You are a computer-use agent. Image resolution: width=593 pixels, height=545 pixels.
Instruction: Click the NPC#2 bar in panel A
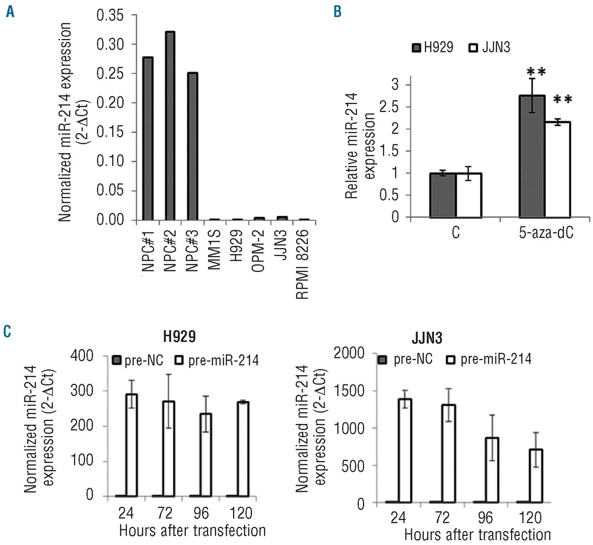point(170,126)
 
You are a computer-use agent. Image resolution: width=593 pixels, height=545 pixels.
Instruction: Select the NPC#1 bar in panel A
point(148,139)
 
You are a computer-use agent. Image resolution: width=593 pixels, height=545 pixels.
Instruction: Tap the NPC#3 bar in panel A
point(192,147)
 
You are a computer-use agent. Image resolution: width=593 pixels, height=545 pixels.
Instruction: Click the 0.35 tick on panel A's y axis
point(110,15)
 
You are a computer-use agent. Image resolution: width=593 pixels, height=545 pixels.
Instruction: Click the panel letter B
point(337,12)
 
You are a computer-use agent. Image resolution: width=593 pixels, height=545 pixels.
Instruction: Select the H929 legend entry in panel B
point(433,47)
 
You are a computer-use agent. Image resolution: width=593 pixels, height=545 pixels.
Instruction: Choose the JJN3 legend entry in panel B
point(490,47)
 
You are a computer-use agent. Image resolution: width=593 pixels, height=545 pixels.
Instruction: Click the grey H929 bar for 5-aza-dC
point(532,156)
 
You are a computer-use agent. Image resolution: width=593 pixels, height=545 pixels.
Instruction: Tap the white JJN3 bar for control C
point(469,195)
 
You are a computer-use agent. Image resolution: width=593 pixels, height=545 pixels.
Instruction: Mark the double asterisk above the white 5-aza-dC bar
point(562,99)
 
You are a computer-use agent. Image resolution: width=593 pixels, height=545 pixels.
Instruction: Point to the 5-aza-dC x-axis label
point(546,232)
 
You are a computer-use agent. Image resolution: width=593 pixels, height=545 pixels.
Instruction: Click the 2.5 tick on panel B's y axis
point(388,107)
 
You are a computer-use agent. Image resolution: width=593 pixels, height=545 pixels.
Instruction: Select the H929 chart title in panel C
point(179,336)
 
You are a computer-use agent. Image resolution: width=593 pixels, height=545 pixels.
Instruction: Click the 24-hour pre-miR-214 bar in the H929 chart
point(132,445)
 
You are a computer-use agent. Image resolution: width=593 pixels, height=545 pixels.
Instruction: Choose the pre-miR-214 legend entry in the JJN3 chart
point(489,359)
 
